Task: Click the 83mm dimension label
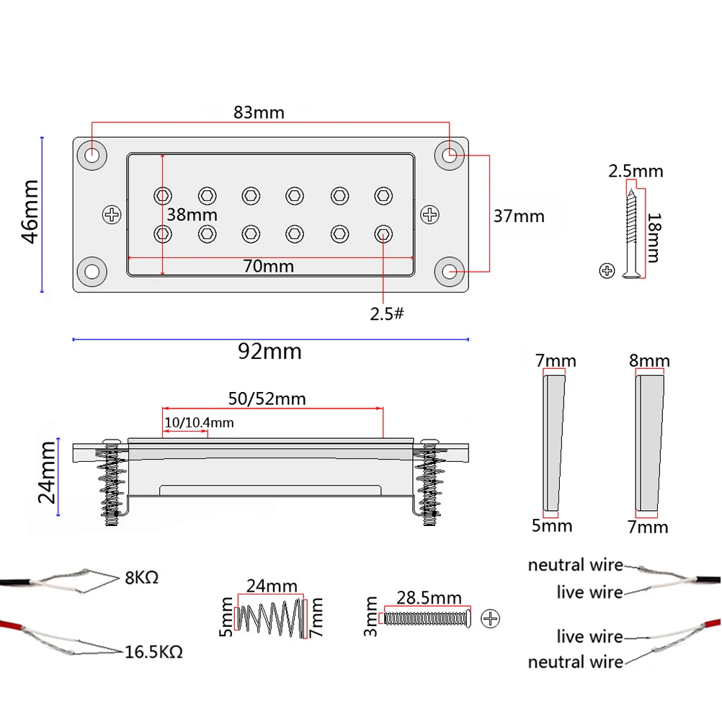(259, 112)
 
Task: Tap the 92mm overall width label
(269, 352)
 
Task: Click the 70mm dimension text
(268, 266)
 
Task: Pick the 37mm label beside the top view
(519, 215)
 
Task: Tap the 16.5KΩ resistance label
(153, 652)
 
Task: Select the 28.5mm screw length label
(429, 597)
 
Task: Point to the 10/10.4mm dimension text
(200, 422)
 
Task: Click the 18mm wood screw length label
(653, 237)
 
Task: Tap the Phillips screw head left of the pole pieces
(112, 214)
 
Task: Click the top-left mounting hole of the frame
(93, 155)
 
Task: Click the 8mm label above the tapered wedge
(649, 360)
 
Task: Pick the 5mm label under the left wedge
(552, 525)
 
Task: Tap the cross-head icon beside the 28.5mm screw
(491, 618)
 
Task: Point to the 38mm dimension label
(192, 215)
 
